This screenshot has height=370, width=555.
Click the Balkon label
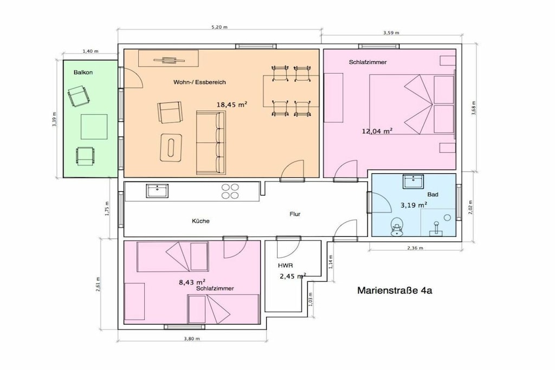[x=83, y=73]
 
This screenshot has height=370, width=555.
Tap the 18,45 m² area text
[x=231, y=105]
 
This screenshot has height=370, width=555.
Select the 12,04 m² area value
[x=377, y=131]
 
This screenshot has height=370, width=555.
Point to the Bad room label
[x=433, y=194]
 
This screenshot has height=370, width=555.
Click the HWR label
[x=285, y=265]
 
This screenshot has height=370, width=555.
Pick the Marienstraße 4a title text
[x=395, y=291]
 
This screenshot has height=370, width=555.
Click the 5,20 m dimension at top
[x=220, y=27]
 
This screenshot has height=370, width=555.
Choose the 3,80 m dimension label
[x=192, y=339]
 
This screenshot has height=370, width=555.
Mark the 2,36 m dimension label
[x=415, y=248]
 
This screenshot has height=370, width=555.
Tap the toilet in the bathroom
[x=397, y=227]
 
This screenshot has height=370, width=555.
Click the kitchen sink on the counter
[x=157, y=191]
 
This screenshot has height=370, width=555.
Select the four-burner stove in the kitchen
[x=230, y=191]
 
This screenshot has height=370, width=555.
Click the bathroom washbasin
[x=412, y=182]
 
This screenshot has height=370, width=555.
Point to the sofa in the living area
[x=211, y=142]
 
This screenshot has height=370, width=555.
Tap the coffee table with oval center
[x=171, y=148]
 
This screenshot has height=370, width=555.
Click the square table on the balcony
[x=94, y=127]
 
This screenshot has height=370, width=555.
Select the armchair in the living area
[x=170, y=113]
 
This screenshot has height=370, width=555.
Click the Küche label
[x=201, y=221]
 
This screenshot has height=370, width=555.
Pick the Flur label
[x=295, y=214]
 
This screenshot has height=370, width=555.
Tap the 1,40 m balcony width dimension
[x=91, y=51]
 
